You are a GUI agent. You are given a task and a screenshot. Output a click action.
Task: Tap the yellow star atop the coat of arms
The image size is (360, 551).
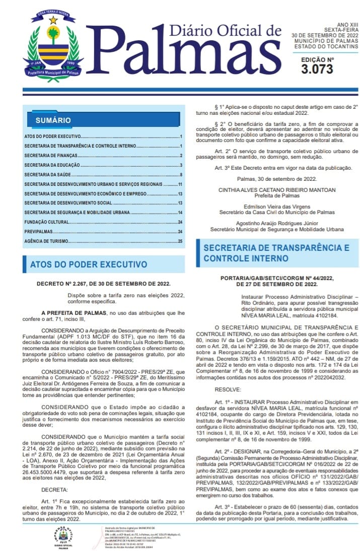click(53, 20)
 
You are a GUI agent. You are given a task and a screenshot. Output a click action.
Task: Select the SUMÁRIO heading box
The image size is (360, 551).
click(53, 120)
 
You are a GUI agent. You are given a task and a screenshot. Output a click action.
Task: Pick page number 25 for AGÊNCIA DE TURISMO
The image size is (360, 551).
click(180, 241)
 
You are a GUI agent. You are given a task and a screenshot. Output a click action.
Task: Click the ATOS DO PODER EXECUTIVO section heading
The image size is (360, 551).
click(89, 264)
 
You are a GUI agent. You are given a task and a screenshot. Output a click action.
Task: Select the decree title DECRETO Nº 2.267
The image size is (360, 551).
click(103, 284)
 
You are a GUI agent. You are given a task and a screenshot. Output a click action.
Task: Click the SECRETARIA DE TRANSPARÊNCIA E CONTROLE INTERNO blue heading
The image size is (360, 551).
click(276, 253)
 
